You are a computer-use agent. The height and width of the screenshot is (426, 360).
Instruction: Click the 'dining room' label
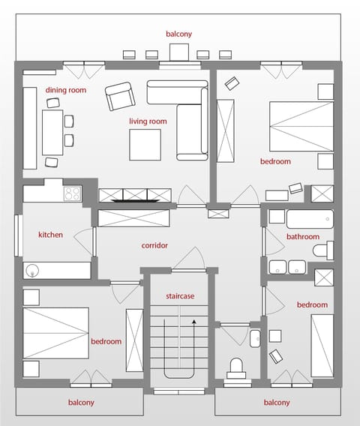(x=66, y=90)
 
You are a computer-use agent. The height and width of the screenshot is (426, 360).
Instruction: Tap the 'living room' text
(x=148, y=121)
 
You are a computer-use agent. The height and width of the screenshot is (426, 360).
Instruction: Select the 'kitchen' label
(x=50, y=235)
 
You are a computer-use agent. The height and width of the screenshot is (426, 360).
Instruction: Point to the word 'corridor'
(x=154, y=245)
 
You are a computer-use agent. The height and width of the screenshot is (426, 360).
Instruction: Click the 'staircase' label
(x=180, y=296)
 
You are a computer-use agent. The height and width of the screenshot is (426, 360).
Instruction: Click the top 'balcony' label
(x=179, y=34)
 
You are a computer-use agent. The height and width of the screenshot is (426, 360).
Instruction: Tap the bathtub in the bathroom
(x=308, y=220)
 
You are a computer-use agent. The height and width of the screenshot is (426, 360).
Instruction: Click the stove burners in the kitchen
(x=73, y=193)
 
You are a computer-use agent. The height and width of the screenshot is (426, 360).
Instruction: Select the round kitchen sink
(x=32, y=270)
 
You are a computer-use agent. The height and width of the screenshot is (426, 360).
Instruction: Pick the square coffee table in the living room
(x=145, y=145)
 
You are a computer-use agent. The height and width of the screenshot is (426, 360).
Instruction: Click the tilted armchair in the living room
(x=119, y=97)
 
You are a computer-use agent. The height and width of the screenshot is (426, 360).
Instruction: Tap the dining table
(x=52, y=132)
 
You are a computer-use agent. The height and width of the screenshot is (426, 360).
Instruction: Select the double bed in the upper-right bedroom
(x=301, y=125)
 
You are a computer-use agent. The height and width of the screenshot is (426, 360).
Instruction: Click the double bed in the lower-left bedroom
(x=55, y=332)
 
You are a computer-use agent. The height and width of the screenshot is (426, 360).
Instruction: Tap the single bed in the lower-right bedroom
(x=322, y=346)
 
